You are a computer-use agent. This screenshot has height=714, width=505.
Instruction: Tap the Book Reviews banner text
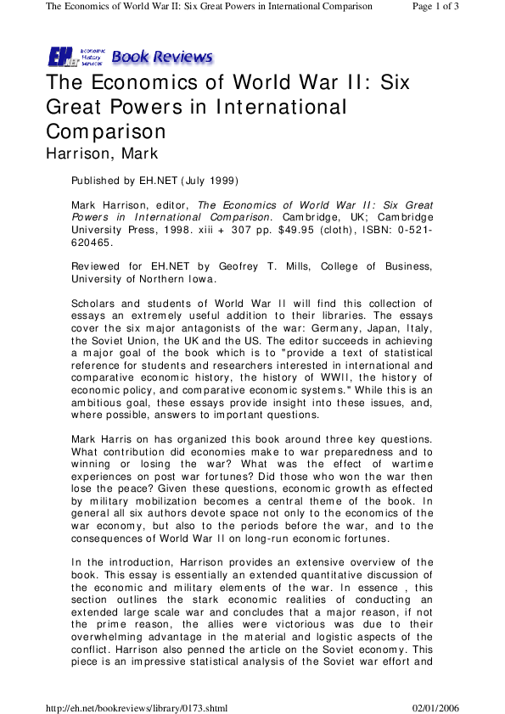[161, 57]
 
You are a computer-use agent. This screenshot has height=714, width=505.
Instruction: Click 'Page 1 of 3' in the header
[459, 6]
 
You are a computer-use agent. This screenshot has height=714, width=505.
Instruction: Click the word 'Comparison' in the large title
[105, 132]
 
